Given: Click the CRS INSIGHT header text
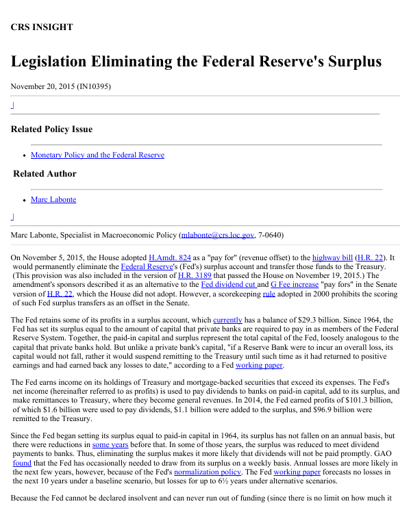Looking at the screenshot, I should tap(42, 27).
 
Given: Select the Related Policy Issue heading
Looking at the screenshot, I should tap(51, 129).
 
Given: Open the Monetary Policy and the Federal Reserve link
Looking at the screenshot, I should tap(97, 155).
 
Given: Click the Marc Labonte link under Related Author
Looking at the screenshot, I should tap(53, 200).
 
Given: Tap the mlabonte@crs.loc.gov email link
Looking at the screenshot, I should tap(217, 235).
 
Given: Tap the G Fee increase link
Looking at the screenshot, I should tap(295, 284).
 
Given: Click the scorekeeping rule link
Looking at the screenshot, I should tap(269, 293).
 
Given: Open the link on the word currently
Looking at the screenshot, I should tap(228, 320).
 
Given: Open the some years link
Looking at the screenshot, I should tap(110, 444).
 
